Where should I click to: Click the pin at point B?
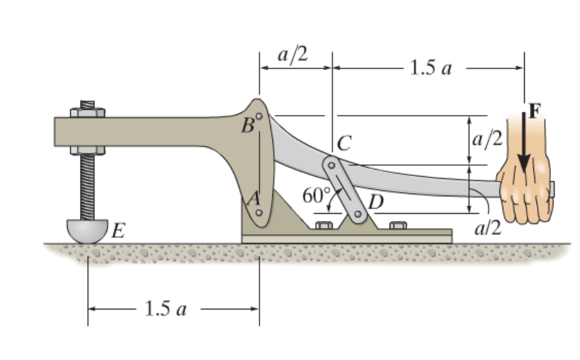[259, 117]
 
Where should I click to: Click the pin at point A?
[259, 212]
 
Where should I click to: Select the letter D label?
[375, 201]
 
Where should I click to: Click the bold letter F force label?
[534, 110]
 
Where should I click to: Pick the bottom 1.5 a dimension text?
[165, 309]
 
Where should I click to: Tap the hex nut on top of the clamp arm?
[87, 112]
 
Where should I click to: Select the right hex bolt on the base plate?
[398, 225]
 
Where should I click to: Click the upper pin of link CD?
[332, 165]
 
